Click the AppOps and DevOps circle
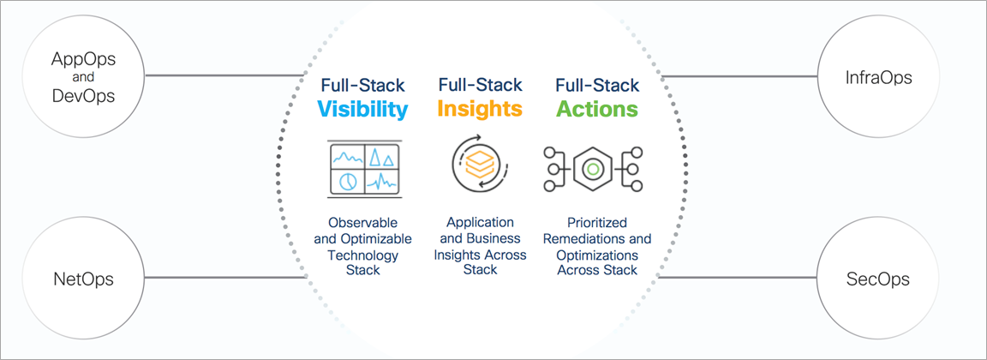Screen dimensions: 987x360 84,77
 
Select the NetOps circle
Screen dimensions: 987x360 84,279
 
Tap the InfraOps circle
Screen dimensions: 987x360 879,77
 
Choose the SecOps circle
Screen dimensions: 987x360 879,279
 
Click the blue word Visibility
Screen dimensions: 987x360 362,109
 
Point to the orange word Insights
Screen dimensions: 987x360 480,108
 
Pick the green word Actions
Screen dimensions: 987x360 596,108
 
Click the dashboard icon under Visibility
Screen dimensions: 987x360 364,167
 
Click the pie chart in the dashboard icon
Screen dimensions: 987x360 348,181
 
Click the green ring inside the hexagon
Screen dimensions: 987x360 592,169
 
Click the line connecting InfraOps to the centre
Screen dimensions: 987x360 739,77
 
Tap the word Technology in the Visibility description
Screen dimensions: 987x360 362,255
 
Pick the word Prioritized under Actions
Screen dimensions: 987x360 596,224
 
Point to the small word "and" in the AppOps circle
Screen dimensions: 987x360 84,78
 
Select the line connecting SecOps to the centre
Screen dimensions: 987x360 738,278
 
